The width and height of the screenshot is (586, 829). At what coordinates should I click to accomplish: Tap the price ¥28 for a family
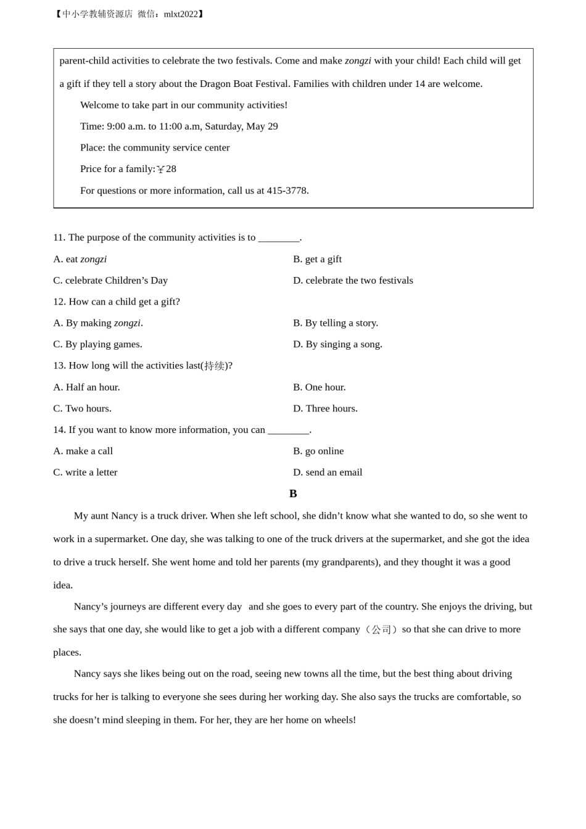(x=167, y=169)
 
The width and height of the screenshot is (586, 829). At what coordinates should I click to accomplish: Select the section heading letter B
(x=293, y=493)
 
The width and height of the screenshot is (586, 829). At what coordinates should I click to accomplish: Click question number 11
(x=59, y=237)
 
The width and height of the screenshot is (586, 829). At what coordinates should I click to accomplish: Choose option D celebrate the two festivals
(x=353, y=281)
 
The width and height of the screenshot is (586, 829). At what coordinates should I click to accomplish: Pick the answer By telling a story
(x=336, y=323)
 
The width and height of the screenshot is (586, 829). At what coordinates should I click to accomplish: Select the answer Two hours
(x=82, y=408)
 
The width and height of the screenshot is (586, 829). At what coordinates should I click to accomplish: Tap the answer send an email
(x=328, y=472)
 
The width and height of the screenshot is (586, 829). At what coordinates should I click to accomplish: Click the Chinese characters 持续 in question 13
(x=214, y=366)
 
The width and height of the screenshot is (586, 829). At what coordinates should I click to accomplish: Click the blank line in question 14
(x=288, y=431)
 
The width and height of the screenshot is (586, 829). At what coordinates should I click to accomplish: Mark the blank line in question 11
(x=278, y=238)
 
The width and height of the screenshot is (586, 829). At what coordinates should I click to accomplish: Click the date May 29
(x=262, y=126)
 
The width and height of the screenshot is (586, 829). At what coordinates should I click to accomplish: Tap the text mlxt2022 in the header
(x=181, y=14)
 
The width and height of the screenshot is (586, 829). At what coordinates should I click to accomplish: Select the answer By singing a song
(x=337, y=344)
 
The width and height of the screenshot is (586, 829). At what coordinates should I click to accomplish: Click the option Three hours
(x=325, y=408)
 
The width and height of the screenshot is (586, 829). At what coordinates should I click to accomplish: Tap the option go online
(x=318, y=451)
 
